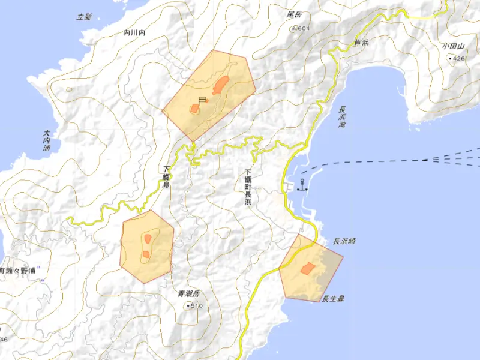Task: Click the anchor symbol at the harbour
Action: [x=302, y=185]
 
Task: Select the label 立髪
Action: [x=83, y=17]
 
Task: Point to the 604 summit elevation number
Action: [x=304, y=29]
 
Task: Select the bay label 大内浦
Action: [x=46, y=143]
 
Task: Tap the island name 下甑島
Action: [x=166, y=178]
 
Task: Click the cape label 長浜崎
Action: [x=344, y=241]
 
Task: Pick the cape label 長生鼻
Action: [x=332, y=298]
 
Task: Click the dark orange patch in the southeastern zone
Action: [x=307, y=268]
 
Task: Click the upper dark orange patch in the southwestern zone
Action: [x=147, y=239]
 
